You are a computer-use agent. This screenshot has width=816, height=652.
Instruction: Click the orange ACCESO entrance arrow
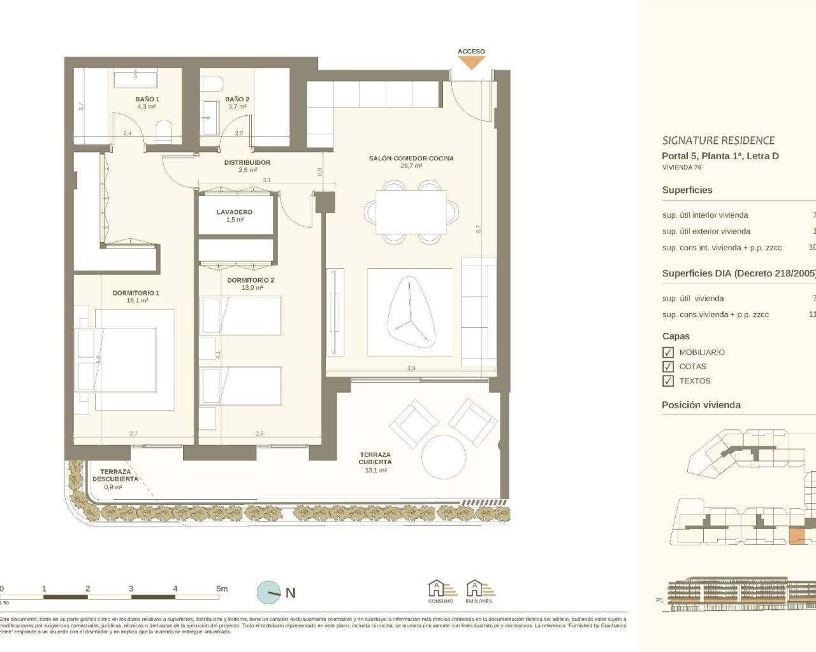pyautogui.click(x=472, y=62)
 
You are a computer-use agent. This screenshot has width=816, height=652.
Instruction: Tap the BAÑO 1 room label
pyautogui.click(x=147, y=99)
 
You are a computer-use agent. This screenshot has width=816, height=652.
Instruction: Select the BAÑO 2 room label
pyautogui.click(x=237, y=99)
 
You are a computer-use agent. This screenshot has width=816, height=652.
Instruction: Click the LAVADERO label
pyautogui.click(x=235, y=212)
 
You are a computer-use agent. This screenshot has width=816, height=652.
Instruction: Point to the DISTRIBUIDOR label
pyautogui.click(x=247, y=162)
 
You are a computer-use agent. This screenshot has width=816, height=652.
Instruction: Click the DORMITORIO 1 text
pyautogui.click(x=136, y=293)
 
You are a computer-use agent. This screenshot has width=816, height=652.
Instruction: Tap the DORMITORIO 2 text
pyautogui.click(x=251, y=280)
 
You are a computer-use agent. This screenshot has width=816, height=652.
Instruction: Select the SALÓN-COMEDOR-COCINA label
pyautogui.click(x=411, y=158)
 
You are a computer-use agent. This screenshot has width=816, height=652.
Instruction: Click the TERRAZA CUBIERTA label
pyautogui.click(x=375, y=458)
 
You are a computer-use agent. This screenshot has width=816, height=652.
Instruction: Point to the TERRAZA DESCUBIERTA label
pyautogui.click(x=115, y=475)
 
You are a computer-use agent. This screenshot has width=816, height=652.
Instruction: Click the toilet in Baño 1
pyautogui.click(x=164, y=132)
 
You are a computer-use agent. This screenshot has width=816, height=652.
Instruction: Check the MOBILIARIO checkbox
pyautogui.click(x=668, y=352)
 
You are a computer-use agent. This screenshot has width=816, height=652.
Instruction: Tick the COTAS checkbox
pyautogui.click(x=668, y=367)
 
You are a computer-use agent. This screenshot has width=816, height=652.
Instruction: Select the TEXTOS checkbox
pyautogui.click(x=668, y=381)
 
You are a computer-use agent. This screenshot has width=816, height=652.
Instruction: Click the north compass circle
pyautogui.click(x=269, y=593)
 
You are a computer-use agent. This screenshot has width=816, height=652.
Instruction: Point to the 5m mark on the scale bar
pyautogui.click(x=221, y=589)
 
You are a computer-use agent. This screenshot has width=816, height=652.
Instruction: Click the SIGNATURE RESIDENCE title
pyautogui.click(x=718, y=141)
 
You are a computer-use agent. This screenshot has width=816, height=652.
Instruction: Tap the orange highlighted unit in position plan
pyautogui.click(x=797, y=537)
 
